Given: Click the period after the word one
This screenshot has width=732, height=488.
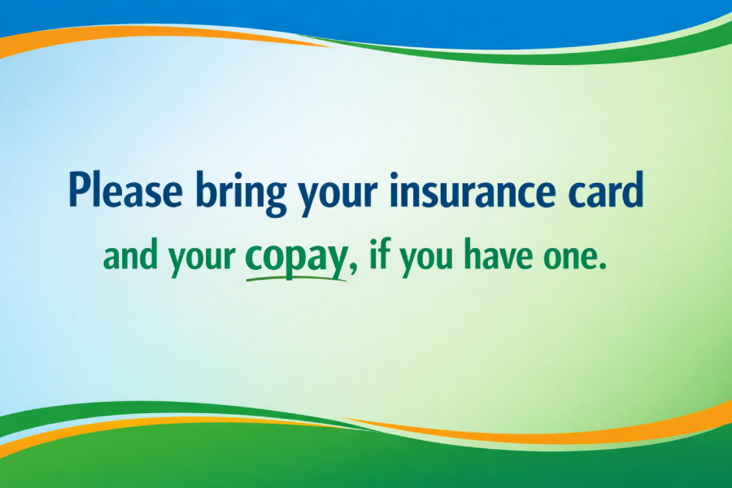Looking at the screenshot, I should (603, 268).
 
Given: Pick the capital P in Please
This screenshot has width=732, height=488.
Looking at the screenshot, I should (80, 190).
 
